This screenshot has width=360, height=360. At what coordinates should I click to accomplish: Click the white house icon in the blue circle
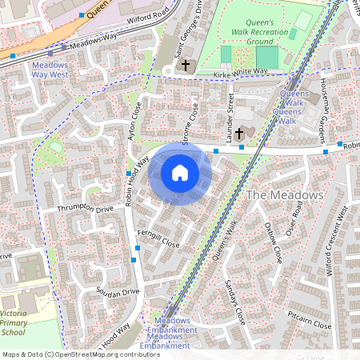[180, 173]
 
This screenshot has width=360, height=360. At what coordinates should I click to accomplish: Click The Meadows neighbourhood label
[285, 195]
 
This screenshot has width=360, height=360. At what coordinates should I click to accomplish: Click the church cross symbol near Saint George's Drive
[186, 65]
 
